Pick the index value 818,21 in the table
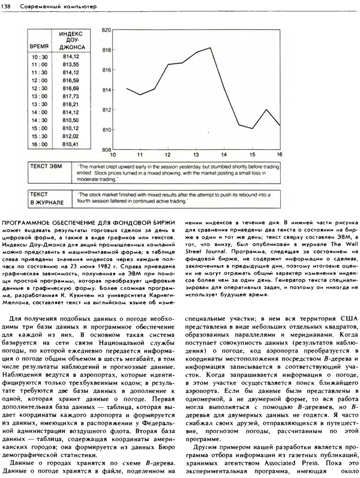71,104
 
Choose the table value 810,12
71,128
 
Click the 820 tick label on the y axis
107,29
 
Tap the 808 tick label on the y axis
107,150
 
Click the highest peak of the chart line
211,48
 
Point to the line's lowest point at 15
252,128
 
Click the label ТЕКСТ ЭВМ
47,166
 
